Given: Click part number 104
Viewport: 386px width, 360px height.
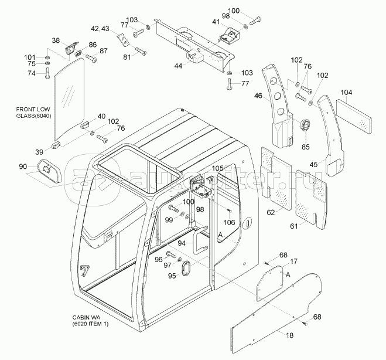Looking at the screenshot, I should pos(347,92).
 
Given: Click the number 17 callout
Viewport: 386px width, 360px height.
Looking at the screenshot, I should pos(294,261).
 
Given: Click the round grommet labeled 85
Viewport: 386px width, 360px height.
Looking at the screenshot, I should pos(305,125).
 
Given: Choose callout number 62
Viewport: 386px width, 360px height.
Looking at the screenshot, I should pos(271,212).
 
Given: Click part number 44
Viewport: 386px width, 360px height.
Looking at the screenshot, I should pos(179,66).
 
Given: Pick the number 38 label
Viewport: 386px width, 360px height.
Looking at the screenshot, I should pos(56,40).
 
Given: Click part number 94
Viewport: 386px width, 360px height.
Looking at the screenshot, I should pos(182,242).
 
